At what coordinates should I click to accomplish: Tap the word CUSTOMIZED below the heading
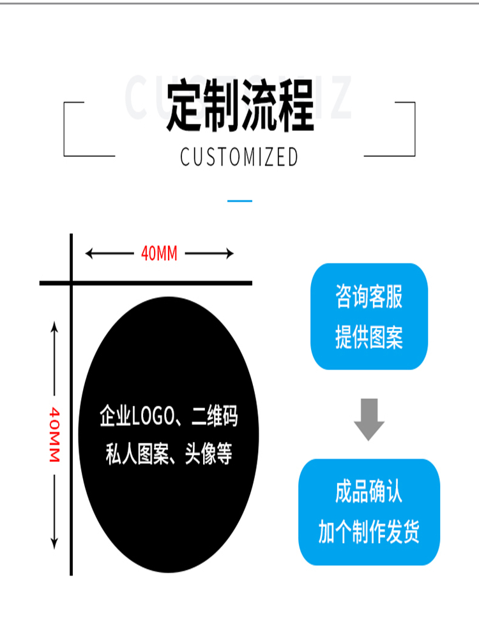[240, 157]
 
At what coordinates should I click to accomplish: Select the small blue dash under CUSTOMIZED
[240, 201]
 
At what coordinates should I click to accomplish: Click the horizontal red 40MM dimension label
[159, 254]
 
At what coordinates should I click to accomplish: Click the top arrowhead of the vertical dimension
[54, 327]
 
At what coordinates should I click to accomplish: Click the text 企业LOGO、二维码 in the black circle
[169, 418]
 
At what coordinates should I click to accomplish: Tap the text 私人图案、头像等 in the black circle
[169, 455]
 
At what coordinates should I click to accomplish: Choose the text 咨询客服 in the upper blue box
[369, 298]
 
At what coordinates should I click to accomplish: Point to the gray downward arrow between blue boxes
[369, 420]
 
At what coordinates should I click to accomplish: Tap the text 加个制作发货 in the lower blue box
[369, 531]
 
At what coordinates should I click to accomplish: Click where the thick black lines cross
[71, 283]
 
